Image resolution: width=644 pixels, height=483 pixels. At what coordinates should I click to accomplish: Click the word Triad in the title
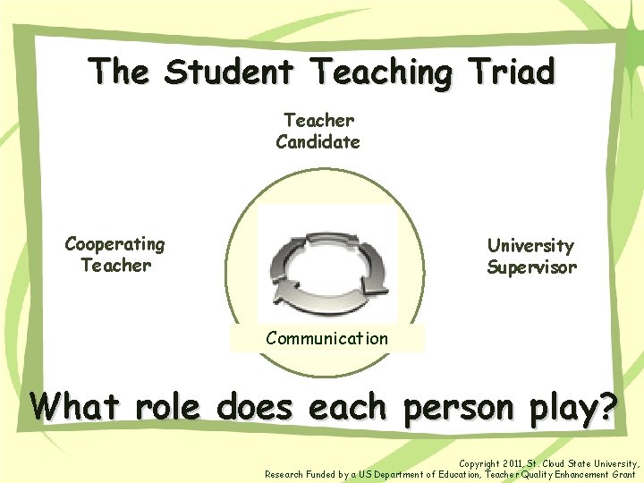coord(507,72)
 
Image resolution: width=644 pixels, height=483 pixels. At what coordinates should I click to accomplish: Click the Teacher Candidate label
coord(318,131)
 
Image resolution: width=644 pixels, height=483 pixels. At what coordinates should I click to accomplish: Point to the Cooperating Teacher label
coord(115,254)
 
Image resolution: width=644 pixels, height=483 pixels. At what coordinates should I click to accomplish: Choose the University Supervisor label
coord(531,256)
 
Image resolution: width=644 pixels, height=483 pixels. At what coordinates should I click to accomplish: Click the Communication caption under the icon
coord(326,339)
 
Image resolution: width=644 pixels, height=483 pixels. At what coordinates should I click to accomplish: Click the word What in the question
coord(76,408)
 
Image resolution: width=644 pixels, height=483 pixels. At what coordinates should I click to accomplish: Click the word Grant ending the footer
coord(623,474)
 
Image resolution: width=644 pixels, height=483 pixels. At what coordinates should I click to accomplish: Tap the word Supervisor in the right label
coord(531,267)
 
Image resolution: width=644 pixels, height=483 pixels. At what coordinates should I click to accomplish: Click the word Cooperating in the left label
coord(115,243)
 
